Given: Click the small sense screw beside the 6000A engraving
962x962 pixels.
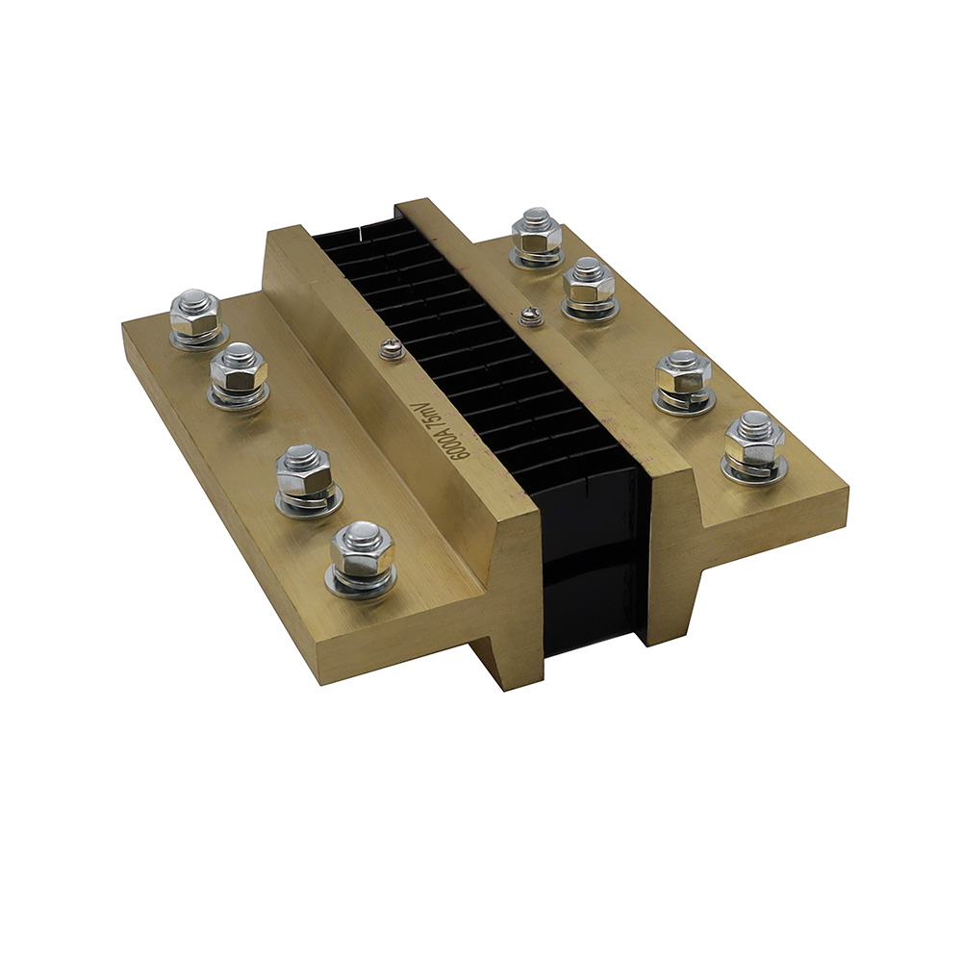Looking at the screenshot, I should tap(390, 349).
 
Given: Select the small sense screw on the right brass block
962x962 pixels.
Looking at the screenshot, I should tap(527, 315).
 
